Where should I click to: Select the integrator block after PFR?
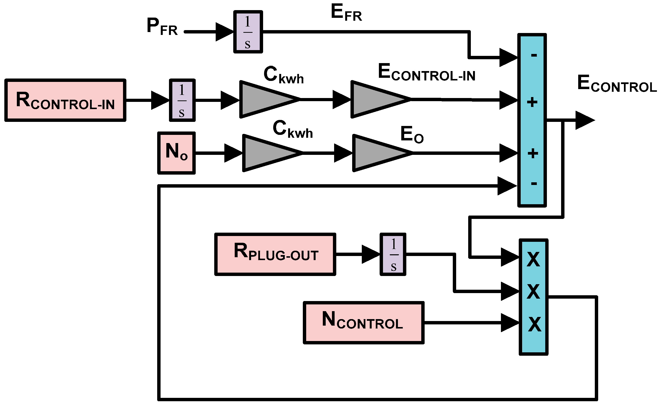[248, 32]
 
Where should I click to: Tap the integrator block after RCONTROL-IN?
[182, 100]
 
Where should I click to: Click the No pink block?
[176, 153]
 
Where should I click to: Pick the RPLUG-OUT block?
[275, 254]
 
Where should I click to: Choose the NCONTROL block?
[363, 323]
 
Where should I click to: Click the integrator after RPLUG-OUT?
[393, 254]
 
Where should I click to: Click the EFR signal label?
[346, 13]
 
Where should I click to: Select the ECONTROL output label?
[617, 84]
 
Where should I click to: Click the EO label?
[412, 135]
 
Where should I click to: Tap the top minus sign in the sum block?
[534, 55]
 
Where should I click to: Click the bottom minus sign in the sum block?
[534, 184]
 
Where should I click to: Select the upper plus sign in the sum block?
[532, 102]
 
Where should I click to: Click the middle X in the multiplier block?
[533, 291]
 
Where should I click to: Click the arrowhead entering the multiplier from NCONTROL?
[510, 323]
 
